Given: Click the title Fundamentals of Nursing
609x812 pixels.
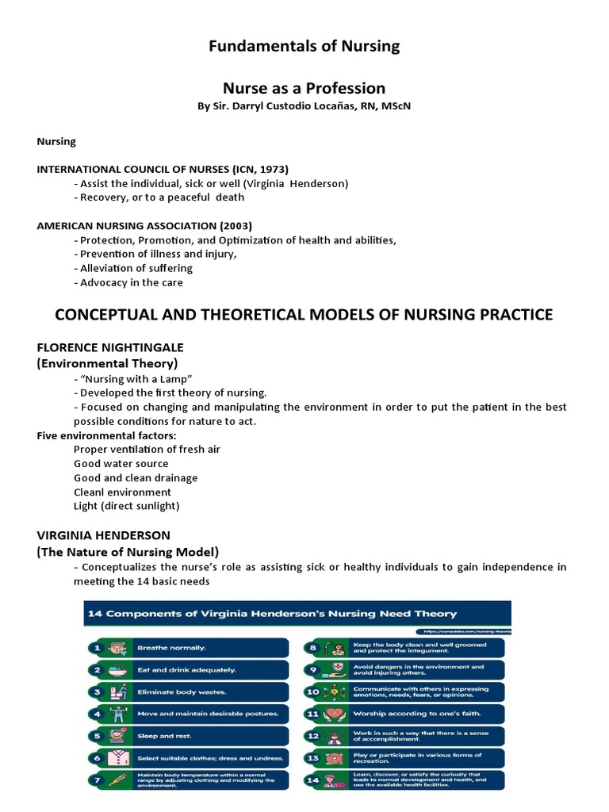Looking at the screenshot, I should coord(304,47).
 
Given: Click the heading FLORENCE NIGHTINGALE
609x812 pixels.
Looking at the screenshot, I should coord(110,348).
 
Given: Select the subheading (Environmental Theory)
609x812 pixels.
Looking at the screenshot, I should coord(107,363).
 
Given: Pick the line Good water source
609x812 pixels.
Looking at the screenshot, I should coord(121,463).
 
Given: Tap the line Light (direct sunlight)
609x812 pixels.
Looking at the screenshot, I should coord(127,506).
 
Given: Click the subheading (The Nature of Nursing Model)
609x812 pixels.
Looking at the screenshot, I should coord(128,551).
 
